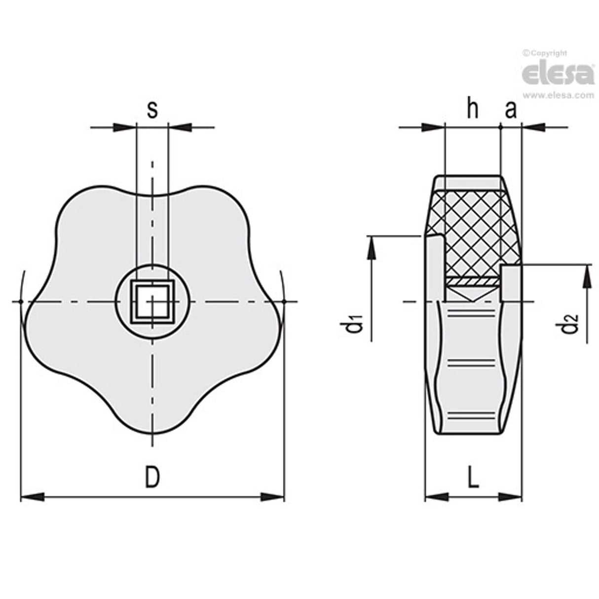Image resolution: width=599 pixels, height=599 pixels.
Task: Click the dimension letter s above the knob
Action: [x=152, y=110]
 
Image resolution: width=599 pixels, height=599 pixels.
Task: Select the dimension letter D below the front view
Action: [x=152, y=477]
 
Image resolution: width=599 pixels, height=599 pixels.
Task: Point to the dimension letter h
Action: [x=473, y=110]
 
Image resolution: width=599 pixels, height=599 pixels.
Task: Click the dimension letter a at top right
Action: [x=510, y=110]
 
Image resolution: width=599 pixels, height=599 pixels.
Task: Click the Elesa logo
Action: [x=558, y=75]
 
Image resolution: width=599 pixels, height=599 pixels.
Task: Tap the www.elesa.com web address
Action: [x=558, y=96]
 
